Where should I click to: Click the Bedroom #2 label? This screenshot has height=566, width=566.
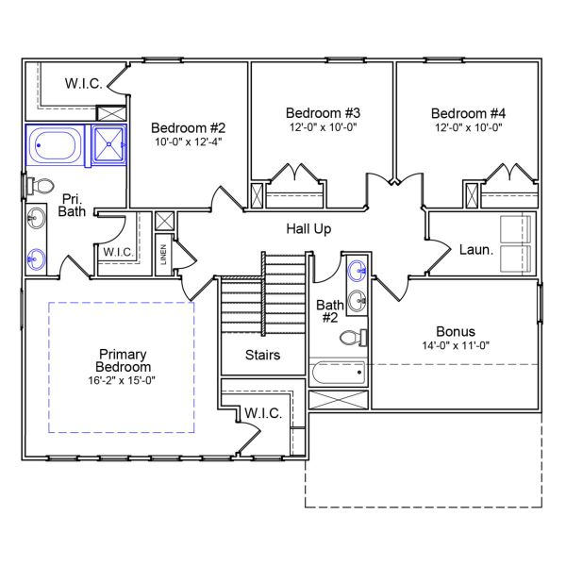(x=189, y=127)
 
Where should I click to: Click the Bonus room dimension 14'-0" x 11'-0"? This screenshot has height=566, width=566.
(x=456, y=345)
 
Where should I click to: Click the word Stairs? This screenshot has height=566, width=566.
(x=262, y=356)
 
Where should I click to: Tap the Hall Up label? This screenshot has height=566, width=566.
(x=308, y=228)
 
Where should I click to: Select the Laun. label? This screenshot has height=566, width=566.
(x=475, y=251)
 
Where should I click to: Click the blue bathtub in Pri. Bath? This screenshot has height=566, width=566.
(x=57, y=146)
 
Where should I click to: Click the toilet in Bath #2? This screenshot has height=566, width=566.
(x=355, y=338)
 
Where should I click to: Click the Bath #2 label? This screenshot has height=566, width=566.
(x=329, y=311)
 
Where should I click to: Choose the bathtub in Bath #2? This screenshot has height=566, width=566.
(x=337, y=372)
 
